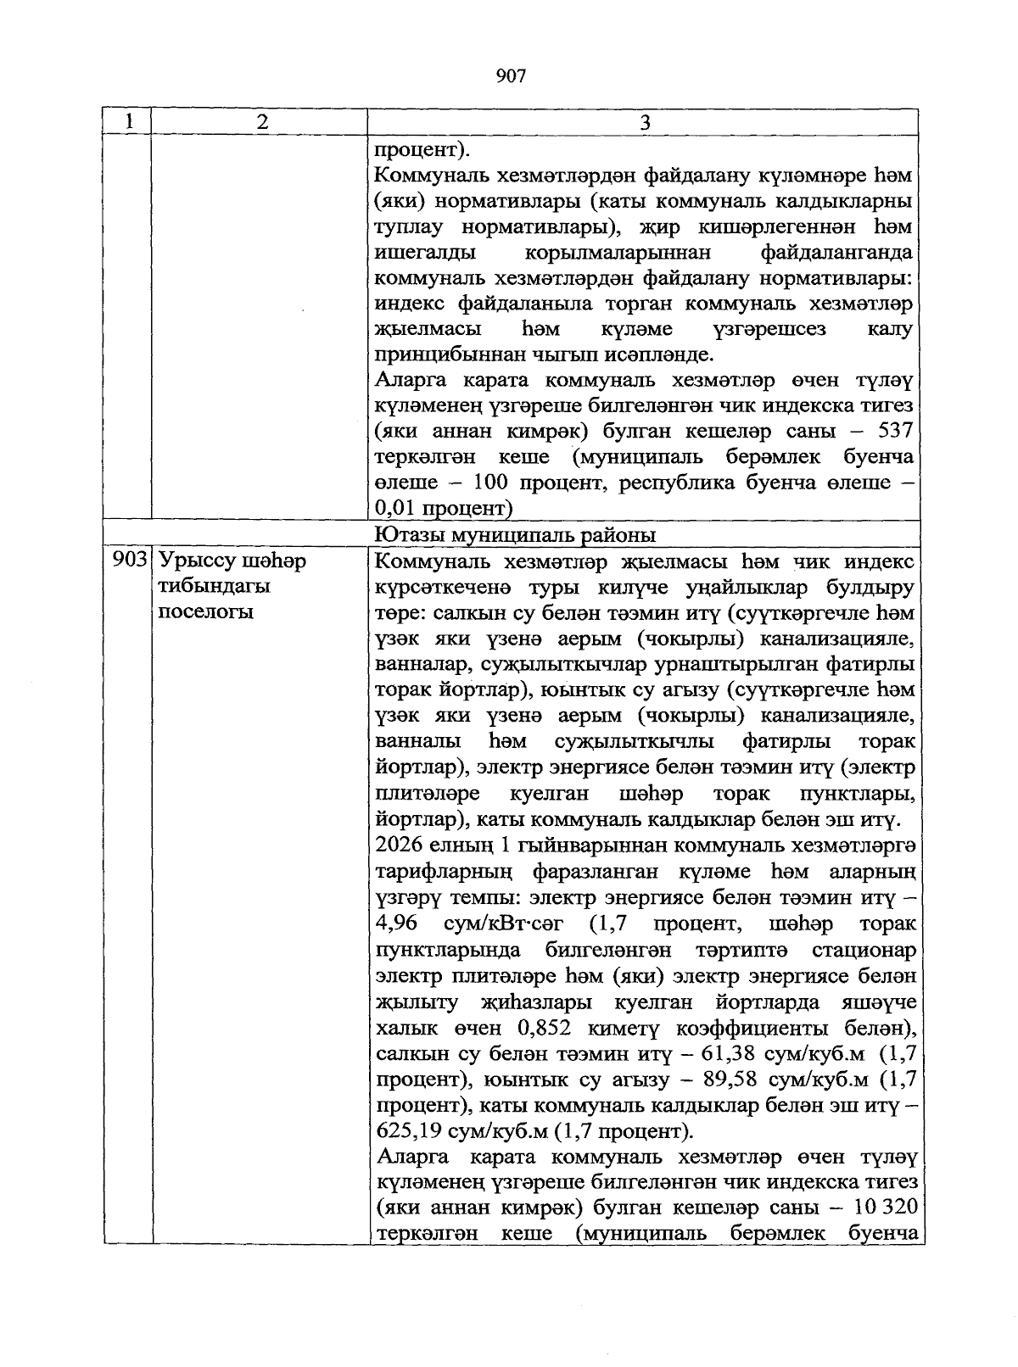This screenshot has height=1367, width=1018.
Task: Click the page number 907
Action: point(511,77)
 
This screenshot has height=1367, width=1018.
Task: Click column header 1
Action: point(128,121)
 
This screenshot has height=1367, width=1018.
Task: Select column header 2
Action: point(261,121)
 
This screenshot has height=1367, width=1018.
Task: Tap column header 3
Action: point(645,122)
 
